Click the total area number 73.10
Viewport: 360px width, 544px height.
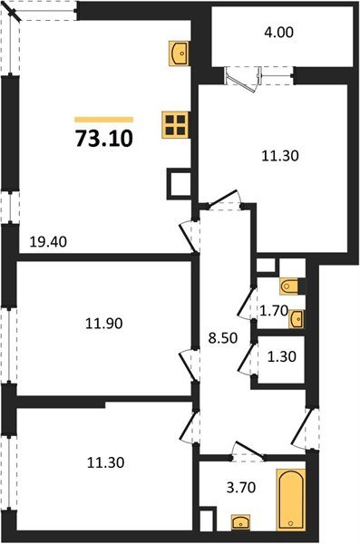point(102,140)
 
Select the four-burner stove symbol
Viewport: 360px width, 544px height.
point(174,124)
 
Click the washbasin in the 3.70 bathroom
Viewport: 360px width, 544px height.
point(241,522)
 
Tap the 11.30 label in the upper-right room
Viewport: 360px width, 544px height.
point(280,155)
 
